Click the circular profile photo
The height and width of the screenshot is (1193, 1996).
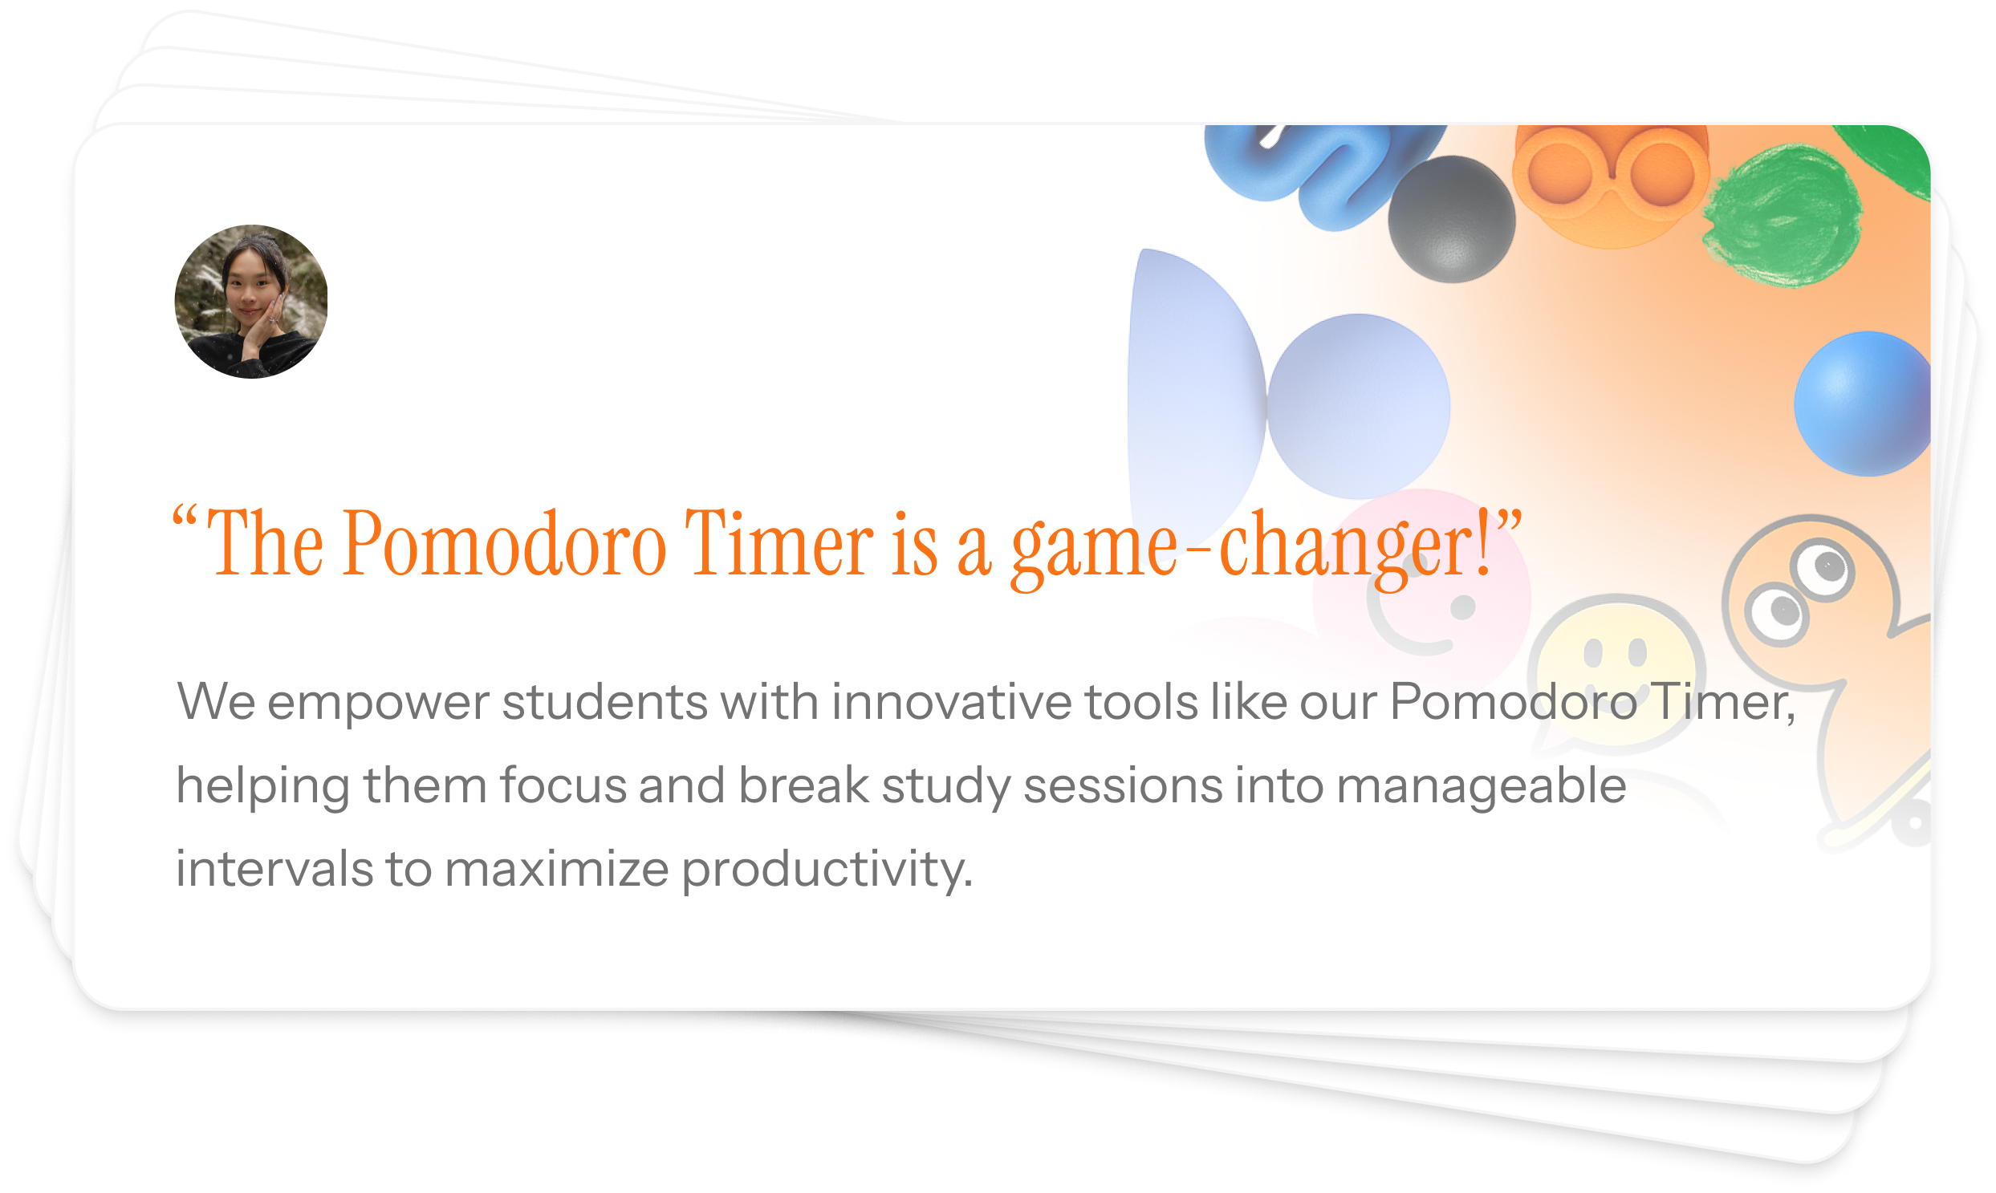coord(251,302)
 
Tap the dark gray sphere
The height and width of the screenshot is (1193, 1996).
coord(1452,219)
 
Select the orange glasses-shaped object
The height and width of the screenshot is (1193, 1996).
coord(1611,181)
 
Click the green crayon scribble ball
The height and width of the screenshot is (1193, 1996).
coord(1782,215)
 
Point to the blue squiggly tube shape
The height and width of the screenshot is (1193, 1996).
coord(1319,172)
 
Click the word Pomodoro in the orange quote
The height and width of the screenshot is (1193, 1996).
coord(504,544)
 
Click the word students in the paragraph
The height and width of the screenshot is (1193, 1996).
coord(605,701)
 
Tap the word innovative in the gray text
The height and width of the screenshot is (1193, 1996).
coord(951,701)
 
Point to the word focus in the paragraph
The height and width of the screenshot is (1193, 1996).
coord(563,785)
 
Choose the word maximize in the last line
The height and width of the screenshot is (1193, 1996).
coord(556,869)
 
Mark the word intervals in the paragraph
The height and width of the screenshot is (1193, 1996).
coord(274,869)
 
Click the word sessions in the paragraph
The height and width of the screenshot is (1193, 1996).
coord(1123,786)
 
